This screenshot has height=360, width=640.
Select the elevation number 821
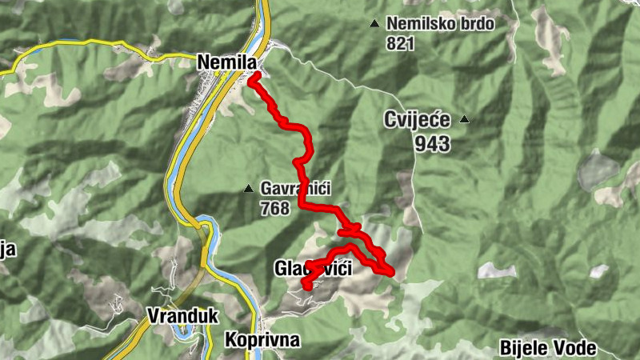[x=400, y=42]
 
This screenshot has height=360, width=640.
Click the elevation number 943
[x=432, y=144]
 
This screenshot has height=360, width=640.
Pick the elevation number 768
[x=275, y=208]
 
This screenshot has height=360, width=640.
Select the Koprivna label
[x=262, y=340]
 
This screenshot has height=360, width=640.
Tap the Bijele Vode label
[x=548, y=348]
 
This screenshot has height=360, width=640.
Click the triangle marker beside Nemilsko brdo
[x=374, y=23]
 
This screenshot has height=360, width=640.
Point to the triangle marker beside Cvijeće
[x=463, y=120]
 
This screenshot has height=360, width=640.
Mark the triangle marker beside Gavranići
[x=248, y=190]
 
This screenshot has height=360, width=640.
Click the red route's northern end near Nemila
[x=253, y=78]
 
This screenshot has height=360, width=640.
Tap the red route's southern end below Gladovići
[x=306, y=286]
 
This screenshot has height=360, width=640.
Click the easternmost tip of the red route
[x=391, y=274]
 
